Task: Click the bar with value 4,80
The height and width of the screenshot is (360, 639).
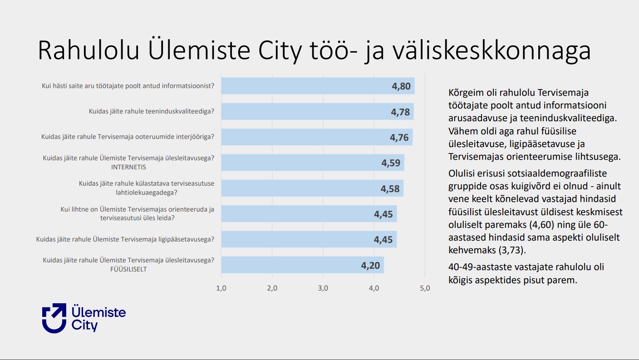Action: click(x=318, y=86)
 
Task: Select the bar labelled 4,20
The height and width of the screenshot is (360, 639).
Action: click(x=302, y=265)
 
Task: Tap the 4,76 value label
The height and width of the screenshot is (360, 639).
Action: click(x=399, y=138)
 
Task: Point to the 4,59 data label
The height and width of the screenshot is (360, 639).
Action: click(x=391, y=163)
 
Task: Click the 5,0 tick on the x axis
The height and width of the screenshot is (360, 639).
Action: click(x=425, y=288)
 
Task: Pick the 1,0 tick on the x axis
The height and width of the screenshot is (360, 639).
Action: click(x=221, y=288)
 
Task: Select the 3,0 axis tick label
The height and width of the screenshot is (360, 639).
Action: click(x=323, y=288)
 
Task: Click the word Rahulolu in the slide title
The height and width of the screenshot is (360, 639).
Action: click(x=88, y=50)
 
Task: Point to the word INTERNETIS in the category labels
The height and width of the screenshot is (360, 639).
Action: click(x=128, y=167)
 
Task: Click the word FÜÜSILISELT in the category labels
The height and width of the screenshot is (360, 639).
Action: click(x=128, y=269)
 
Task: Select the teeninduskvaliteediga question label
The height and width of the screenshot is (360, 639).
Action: click(x=152, y=111)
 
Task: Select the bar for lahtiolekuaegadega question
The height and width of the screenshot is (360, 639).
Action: click(x=312, y=188)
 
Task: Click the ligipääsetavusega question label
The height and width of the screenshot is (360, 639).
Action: click(x=125, y=239)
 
